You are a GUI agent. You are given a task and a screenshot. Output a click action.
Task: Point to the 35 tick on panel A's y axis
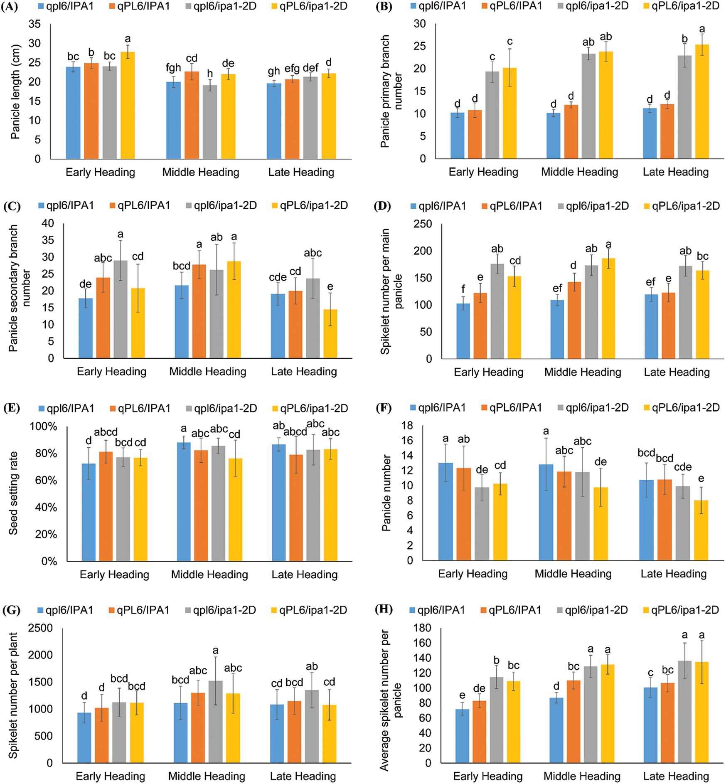pos(34,24)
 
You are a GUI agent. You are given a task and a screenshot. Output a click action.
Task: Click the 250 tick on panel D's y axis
pos(423,224)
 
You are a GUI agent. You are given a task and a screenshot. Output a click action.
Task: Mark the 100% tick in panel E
pos(43,427)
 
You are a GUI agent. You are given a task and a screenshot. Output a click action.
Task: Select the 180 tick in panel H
pos(422,628)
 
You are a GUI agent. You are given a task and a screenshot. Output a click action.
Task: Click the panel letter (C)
pos(11,206)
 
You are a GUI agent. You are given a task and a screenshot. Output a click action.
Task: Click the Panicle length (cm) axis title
pos(15,92)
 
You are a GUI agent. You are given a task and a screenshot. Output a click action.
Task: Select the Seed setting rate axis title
pos(13,493)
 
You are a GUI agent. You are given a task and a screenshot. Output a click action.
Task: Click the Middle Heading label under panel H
pos(582,776)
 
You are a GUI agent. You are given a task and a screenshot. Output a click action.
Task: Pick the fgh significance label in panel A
pos(173,68)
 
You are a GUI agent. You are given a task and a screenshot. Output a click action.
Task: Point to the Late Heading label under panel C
pos(304,372)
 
